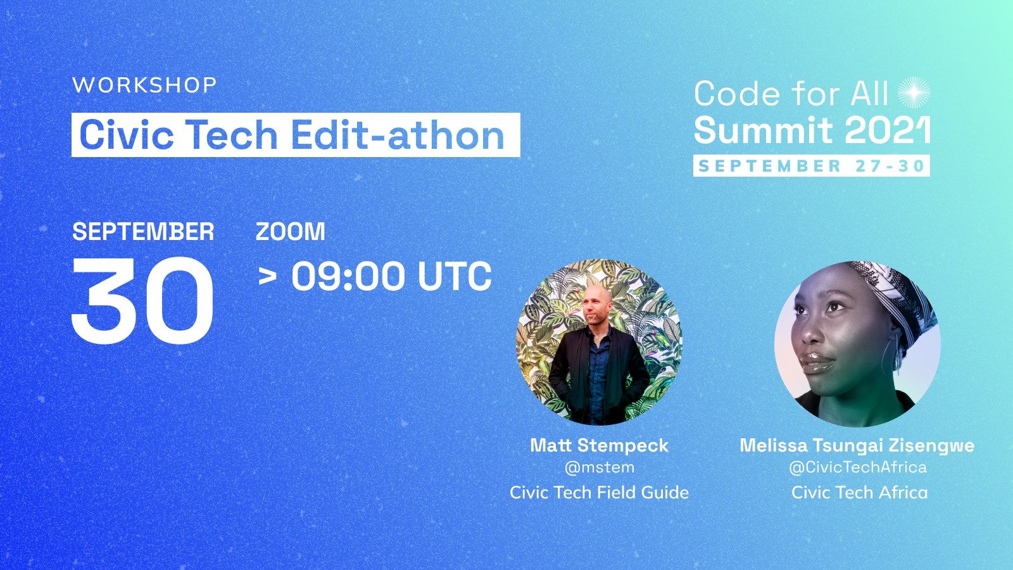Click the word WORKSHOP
(x=145, y=85)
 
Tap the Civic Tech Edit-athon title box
(x=296, y=135)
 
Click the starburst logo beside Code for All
(x=914, y=92)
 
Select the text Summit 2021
(x=812, y=130)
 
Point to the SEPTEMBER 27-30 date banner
(x=811, y=165)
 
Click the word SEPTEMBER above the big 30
(x=143, y=232)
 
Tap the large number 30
(x=142, y=300)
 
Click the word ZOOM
(x=291, y=232)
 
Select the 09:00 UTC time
(x=392, y=276)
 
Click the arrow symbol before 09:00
(x=267, y=276)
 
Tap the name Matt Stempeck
(x=599, y=446)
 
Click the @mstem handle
(x=599, y=467)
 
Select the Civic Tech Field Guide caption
(x=599, y=492)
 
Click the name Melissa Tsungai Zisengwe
(x=857, y=446)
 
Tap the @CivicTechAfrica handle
(x=858, y=467)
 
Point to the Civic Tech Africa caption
(x=859, y=492)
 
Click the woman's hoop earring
(x=886, y=357)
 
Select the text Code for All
(x=791, y=94)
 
